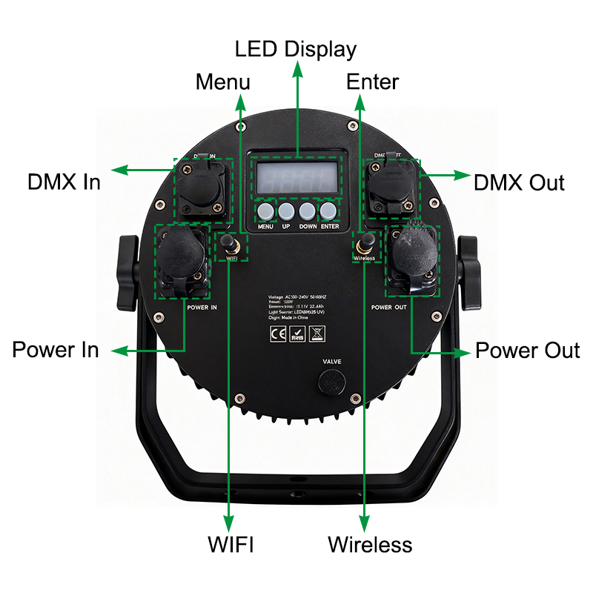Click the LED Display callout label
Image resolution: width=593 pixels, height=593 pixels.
(296, 50)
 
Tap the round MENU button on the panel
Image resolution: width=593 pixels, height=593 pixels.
(266, 212)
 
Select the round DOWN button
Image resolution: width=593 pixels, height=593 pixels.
(308, 212)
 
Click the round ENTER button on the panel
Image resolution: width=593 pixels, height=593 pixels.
(329, 212)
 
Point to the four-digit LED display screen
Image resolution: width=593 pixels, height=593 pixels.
(297, 178)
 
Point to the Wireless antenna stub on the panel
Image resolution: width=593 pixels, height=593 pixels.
(365, 242)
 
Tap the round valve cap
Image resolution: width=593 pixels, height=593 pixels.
(331, 381)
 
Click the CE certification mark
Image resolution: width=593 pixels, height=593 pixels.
(274, 332)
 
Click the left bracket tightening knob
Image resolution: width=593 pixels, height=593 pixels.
(127, 274)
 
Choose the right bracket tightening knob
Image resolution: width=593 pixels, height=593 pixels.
(467, 274)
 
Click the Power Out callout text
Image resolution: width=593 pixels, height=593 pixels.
(527, 350)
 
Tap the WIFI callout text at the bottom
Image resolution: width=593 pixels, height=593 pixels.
(230, 546)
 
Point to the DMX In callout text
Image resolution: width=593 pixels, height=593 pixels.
(64, 182)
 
